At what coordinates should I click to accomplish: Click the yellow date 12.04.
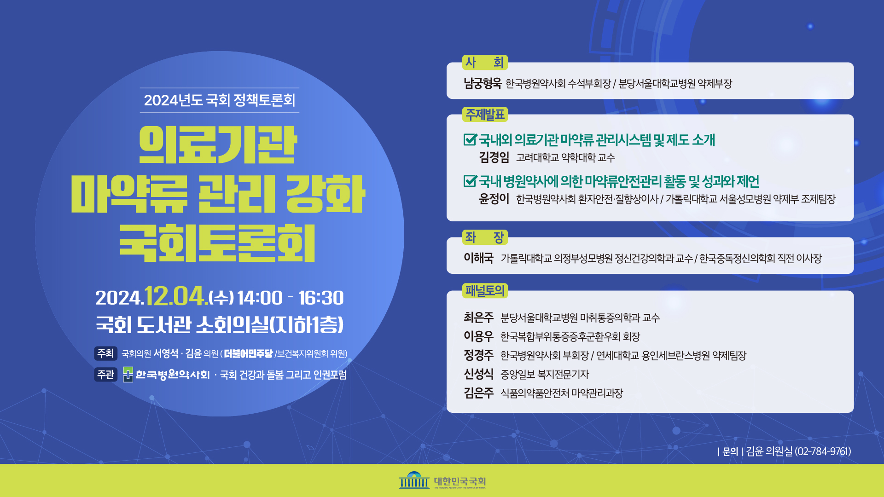[176, 296]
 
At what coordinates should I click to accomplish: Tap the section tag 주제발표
[485, 114]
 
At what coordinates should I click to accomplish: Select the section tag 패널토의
[485, 290]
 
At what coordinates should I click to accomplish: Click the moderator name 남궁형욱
[483, 83]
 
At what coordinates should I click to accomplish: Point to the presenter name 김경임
[494, 157]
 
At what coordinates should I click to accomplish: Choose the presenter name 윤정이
[494, 199]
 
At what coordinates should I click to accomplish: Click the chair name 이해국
[478, 258]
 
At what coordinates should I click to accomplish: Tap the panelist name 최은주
[478, 318]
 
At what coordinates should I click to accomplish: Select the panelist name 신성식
[478, 374]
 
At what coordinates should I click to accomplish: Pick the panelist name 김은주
[478, 393]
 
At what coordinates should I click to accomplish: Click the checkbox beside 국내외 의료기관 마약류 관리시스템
[470, 139]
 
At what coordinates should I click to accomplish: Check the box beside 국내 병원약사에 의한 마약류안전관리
[470, 181]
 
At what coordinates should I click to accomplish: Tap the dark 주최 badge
[105, 353]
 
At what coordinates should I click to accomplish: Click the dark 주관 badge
[105, 375]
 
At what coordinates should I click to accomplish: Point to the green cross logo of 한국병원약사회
[128, 375]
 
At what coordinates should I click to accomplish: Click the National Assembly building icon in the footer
[414, 480]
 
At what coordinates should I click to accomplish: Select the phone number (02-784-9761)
[823, 451]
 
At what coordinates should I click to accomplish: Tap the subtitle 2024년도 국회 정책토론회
[220, 100]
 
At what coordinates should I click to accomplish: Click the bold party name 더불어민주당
[249, 353]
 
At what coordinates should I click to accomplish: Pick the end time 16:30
[321, 298]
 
